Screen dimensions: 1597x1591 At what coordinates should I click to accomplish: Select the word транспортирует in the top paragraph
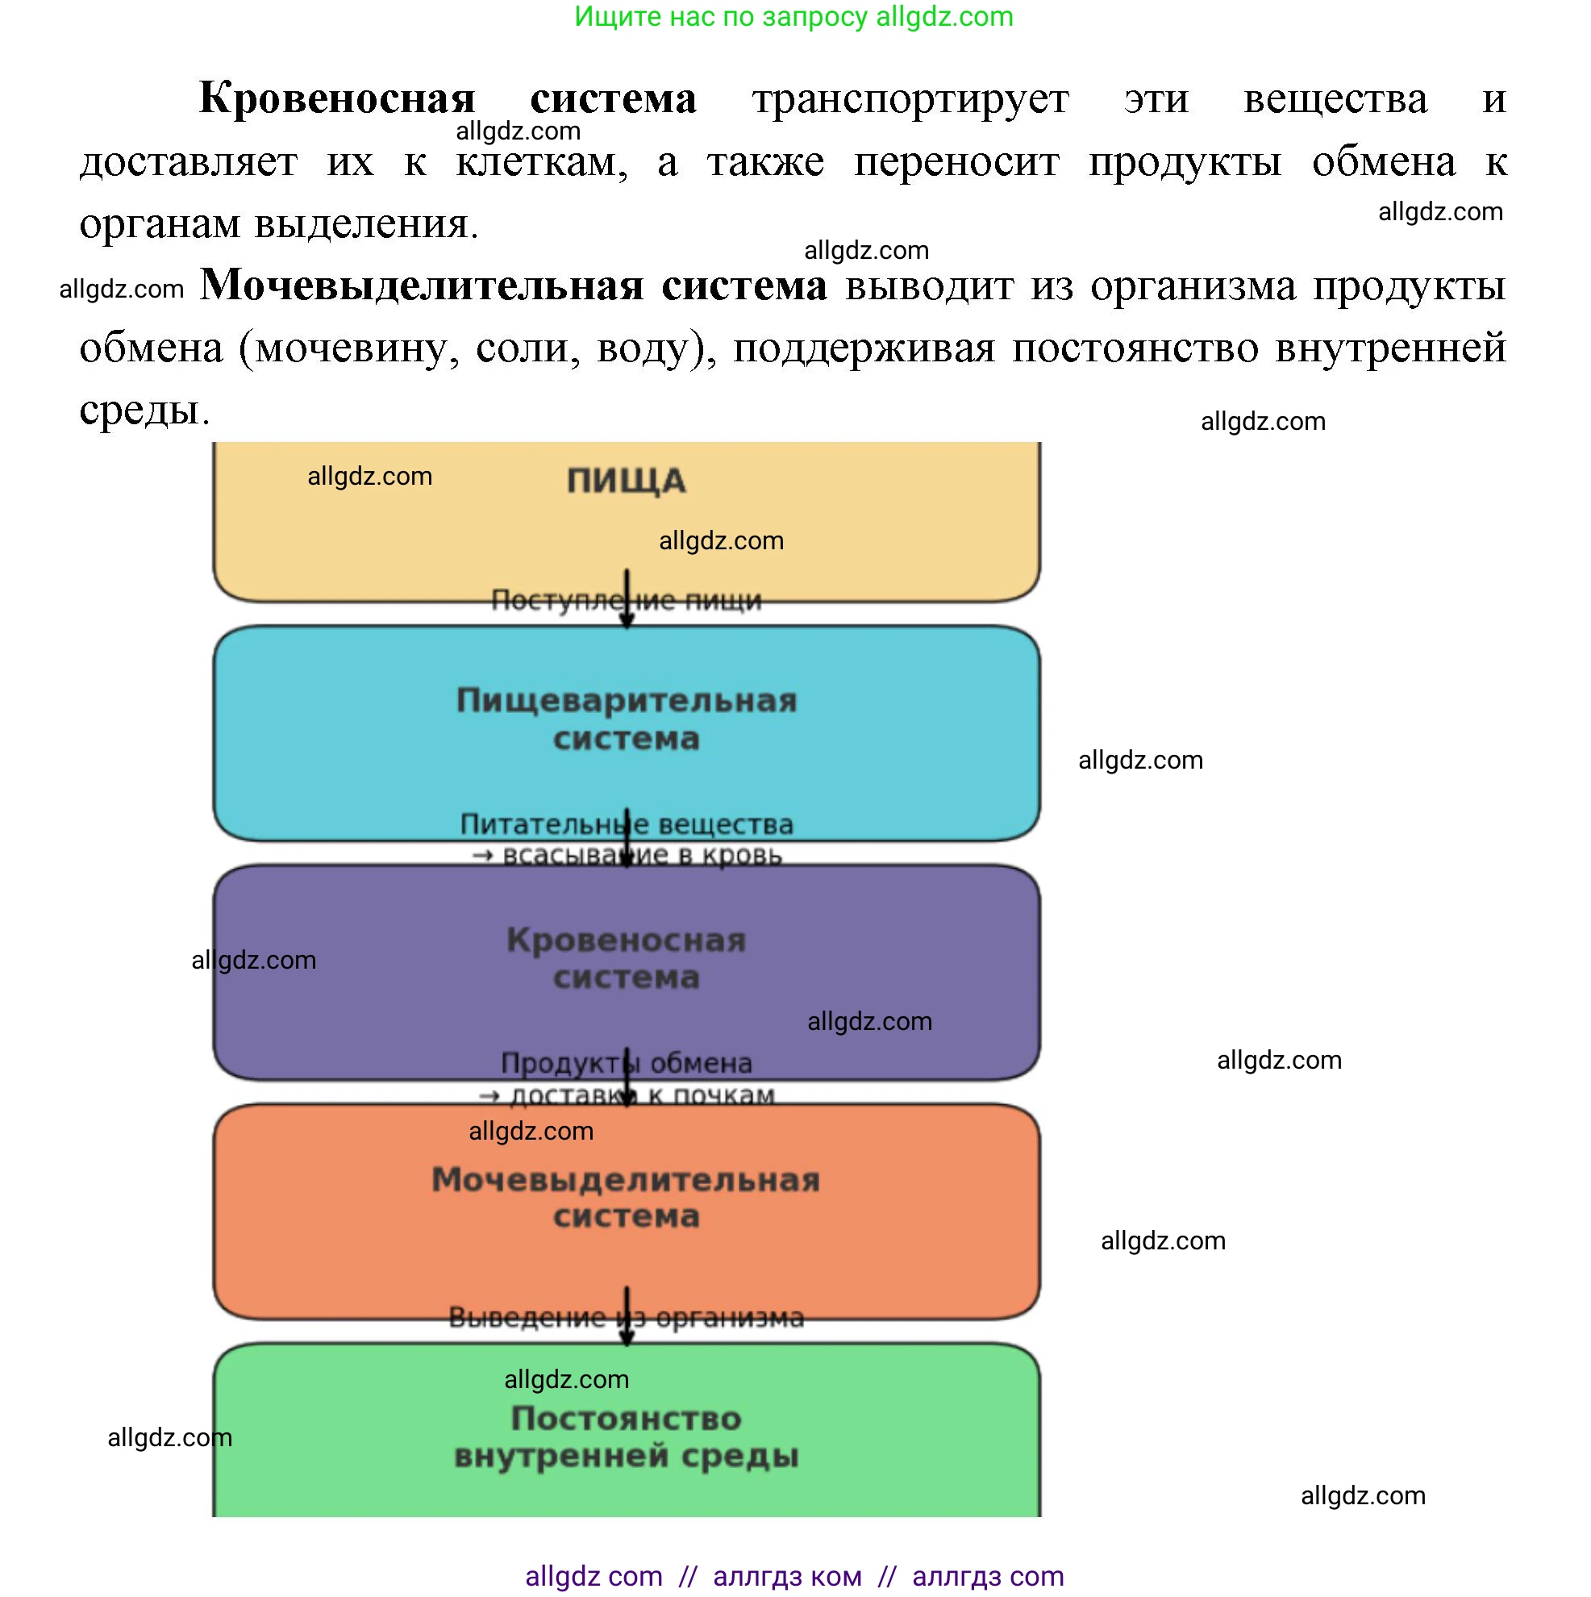point(910,98)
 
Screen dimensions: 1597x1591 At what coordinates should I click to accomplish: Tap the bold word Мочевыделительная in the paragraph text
point(422,286)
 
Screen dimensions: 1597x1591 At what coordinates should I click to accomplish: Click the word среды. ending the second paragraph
point(144,409)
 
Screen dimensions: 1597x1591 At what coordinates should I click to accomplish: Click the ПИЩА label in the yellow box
point(626,481)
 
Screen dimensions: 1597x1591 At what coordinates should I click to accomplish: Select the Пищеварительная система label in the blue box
point(626,719)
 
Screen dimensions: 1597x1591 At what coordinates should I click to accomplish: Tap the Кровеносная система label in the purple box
point(626,959)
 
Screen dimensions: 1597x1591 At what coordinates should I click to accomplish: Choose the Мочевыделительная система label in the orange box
point(626,1198)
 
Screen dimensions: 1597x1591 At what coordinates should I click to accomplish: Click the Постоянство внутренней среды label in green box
point(626,1436)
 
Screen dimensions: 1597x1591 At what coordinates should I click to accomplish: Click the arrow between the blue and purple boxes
point(627,837)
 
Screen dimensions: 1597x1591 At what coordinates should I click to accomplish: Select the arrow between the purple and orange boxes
point(627,1077)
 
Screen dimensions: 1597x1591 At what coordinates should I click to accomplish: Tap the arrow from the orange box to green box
point(627,1316)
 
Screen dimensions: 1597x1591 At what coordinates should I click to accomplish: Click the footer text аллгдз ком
point(786,1576)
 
